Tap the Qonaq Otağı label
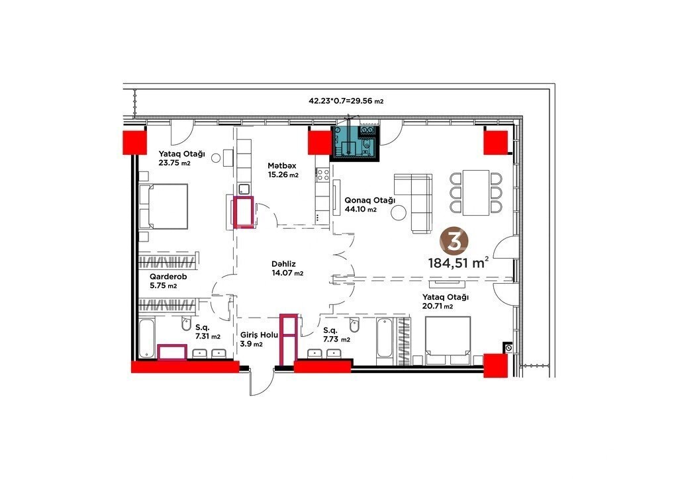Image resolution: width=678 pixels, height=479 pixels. (369, 200)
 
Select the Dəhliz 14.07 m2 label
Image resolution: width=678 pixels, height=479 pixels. (287, 268)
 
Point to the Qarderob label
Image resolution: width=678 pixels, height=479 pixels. (168, 277)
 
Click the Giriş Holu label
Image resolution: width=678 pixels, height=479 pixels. (260, 335)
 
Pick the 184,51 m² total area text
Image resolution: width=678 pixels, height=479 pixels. (459, 262)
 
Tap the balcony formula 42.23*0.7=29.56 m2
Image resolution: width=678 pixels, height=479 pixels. (346, 101)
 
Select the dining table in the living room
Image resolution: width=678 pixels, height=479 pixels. (476, 193)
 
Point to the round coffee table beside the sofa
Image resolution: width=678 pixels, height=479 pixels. (398, 212)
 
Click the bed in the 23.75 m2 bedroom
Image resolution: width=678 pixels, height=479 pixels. (164, 206)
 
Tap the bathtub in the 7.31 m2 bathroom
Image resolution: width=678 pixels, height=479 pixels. (146, 339)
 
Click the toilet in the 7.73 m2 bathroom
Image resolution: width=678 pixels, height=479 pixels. (354, 326)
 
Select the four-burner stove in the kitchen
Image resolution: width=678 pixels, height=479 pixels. (323, 175)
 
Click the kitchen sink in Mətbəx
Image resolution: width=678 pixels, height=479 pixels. (244, 189)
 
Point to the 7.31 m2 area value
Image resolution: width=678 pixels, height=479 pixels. (208, 337)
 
